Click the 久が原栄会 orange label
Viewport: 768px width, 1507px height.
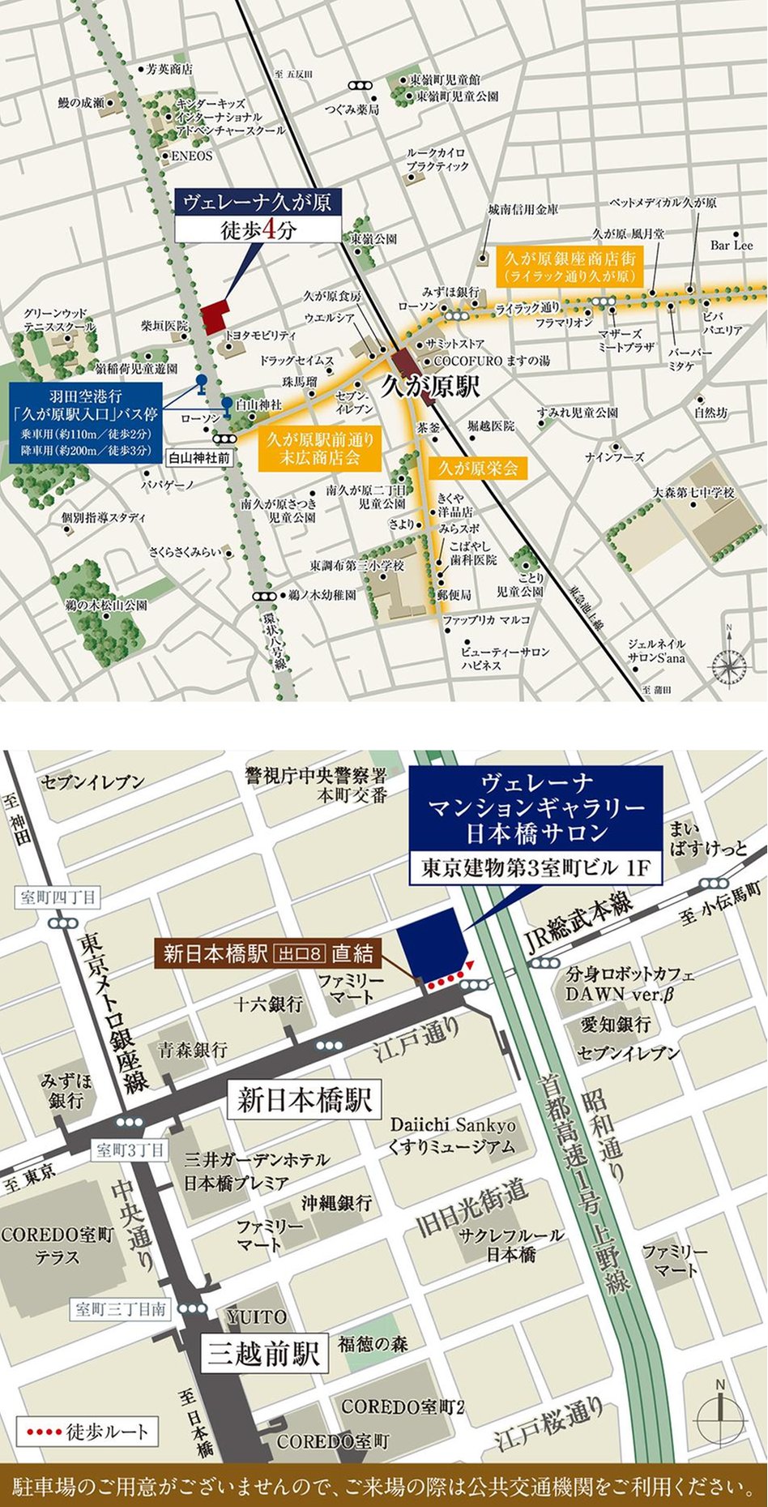478,468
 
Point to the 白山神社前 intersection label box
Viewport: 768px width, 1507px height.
199,457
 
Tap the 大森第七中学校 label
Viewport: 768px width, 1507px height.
694,493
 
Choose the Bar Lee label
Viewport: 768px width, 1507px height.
731,245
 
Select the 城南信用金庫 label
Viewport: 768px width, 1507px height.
523,209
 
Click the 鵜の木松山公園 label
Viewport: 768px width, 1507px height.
106,605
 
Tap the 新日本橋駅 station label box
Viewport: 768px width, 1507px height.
305,1101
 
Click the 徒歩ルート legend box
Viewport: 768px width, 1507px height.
88,1431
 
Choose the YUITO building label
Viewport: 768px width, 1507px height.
256,1317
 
